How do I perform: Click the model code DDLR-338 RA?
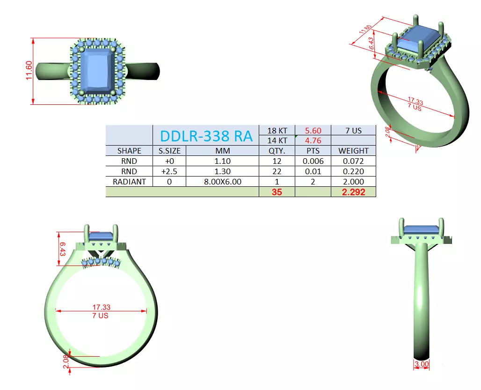point(206,136)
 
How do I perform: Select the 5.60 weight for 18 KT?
point(313,131)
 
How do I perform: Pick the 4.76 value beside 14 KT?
point(313,140)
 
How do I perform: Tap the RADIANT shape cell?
point(129,182)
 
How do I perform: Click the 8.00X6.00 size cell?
point(223,182)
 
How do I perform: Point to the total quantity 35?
point(277,192)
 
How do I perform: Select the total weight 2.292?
point(353,192)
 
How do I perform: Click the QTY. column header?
point(277,151)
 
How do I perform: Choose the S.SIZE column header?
point(169,151)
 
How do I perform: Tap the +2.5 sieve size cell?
point(169,171)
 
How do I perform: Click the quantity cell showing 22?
point(277,171)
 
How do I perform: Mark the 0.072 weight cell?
point(353,161)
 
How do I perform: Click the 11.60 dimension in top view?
point(29,71)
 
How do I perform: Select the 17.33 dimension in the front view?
point(101,307)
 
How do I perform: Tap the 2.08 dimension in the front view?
point(66,361)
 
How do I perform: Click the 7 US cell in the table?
point(353,131)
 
